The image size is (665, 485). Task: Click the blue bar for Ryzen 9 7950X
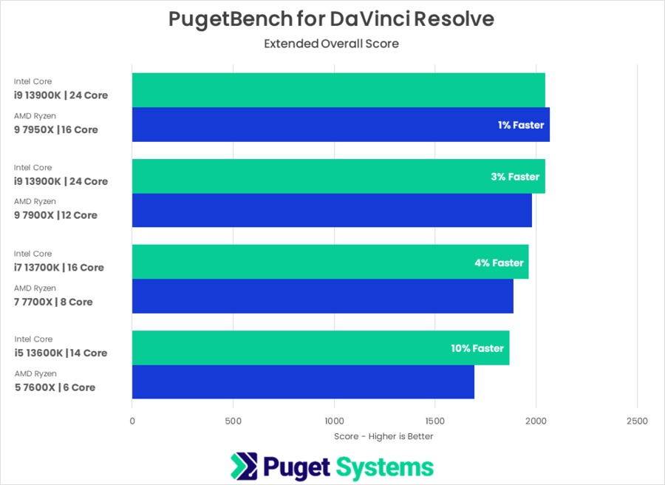click(x=340, y=124)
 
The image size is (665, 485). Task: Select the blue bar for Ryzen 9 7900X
click(x=332, y=210)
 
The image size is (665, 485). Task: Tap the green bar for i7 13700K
click(x=330, y=262)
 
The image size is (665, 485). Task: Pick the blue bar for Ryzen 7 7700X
click(x=322, y=296)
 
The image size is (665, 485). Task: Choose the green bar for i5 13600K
click(x=320, y=347)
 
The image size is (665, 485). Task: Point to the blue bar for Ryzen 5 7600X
click(x=303, y=381)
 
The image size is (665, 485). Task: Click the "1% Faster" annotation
click(x=520, y=125)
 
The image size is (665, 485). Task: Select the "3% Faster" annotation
click(x=515, y=177)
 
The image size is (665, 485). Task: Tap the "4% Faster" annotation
click(x=499, y=262)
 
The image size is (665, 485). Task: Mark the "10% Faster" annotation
click(x=477, y=348)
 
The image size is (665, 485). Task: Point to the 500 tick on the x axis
click(x=233, y=421)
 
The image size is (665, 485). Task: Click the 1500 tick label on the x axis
click(x=434, y=421)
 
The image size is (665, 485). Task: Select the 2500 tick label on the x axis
click(x=636, y=421)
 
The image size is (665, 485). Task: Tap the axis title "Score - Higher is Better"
click(x=383, y=436)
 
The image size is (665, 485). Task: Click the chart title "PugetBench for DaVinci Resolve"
click(x=331, y=19)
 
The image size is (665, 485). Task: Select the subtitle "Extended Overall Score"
click(x=331, y=44)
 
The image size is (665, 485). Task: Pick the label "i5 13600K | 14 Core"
click(x=61, y=353)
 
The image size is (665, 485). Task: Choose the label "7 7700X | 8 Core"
click(x=53, y=302)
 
